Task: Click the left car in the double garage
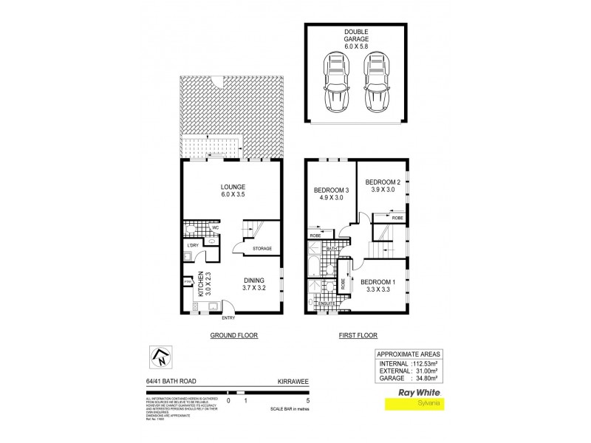(x=337, y=83)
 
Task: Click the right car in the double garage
(x=377, y=83)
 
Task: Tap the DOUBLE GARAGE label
(x=357, y=36)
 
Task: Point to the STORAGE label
(x=262, y=249)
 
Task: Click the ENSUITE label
(x=327, y=303)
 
